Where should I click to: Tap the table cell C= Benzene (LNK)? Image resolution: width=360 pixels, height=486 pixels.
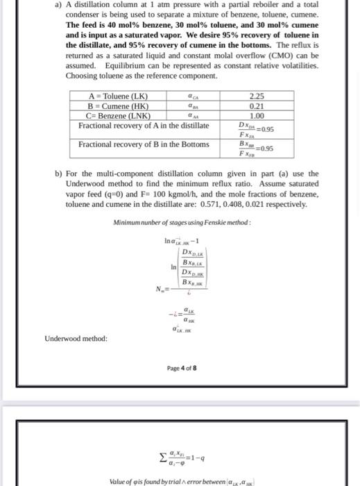pyautogui.click(x=115, y=116)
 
